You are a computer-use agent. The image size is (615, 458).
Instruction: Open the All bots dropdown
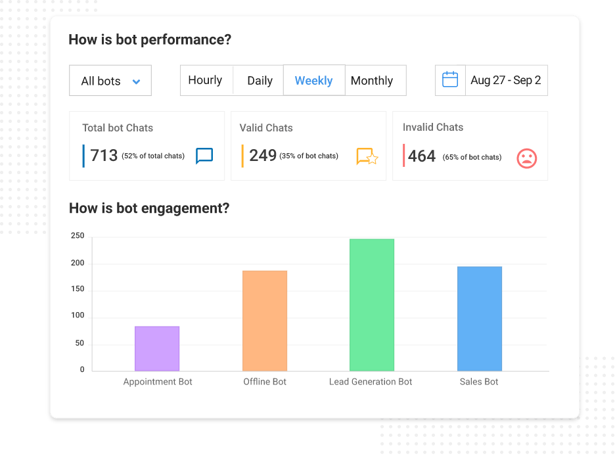110,81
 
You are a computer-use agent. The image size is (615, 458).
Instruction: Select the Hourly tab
205,80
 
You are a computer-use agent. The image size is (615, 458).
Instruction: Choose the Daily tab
260,81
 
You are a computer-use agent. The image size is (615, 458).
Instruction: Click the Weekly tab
313,80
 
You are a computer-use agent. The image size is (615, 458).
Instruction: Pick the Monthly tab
372,81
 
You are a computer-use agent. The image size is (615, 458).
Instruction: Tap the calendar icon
450,80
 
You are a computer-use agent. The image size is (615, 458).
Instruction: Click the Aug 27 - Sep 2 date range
506,80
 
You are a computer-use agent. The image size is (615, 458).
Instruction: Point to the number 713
104,156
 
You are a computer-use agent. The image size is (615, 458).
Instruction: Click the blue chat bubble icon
204,156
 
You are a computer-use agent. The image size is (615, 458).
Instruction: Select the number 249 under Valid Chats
263,156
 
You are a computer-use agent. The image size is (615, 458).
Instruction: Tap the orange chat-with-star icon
367,156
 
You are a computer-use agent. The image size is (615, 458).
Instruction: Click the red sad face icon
526,158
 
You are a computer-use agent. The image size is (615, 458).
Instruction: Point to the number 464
422,156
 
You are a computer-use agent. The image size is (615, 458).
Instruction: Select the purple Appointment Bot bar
157,348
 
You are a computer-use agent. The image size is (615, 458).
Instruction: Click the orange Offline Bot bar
265,321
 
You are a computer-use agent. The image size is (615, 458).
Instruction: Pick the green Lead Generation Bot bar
371,305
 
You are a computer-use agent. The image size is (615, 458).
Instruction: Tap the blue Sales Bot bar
479,319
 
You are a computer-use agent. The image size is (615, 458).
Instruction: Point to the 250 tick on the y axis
78,236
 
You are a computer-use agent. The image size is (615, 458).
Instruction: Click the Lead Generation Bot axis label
371,382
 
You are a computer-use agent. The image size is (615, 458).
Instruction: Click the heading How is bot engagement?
149,208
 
